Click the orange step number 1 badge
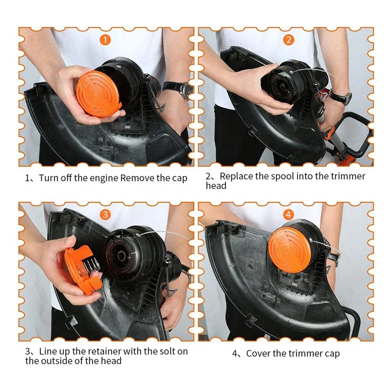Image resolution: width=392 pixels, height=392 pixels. point(105,40)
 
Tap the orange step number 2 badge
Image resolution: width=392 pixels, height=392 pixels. point(289,40)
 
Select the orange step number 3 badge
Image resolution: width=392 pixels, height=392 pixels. point(105,215)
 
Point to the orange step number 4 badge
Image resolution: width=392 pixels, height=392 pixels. point(289,215)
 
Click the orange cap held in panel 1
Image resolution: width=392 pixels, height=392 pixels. point(98,94)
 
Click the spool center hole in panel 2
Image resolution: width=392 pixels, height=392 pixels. point(282,87)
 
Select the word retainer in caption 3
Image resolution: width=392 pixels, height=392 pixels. point(102,351)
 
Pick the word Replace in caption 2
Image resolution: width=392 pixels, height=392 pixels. point(236,176)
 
